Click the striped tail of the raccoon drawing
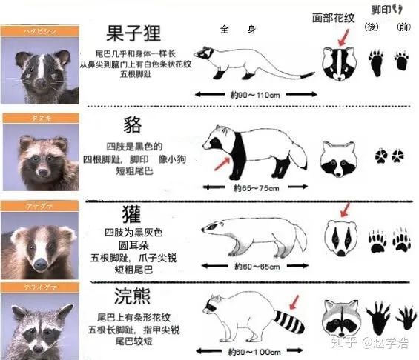click(x=288, y=322)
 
